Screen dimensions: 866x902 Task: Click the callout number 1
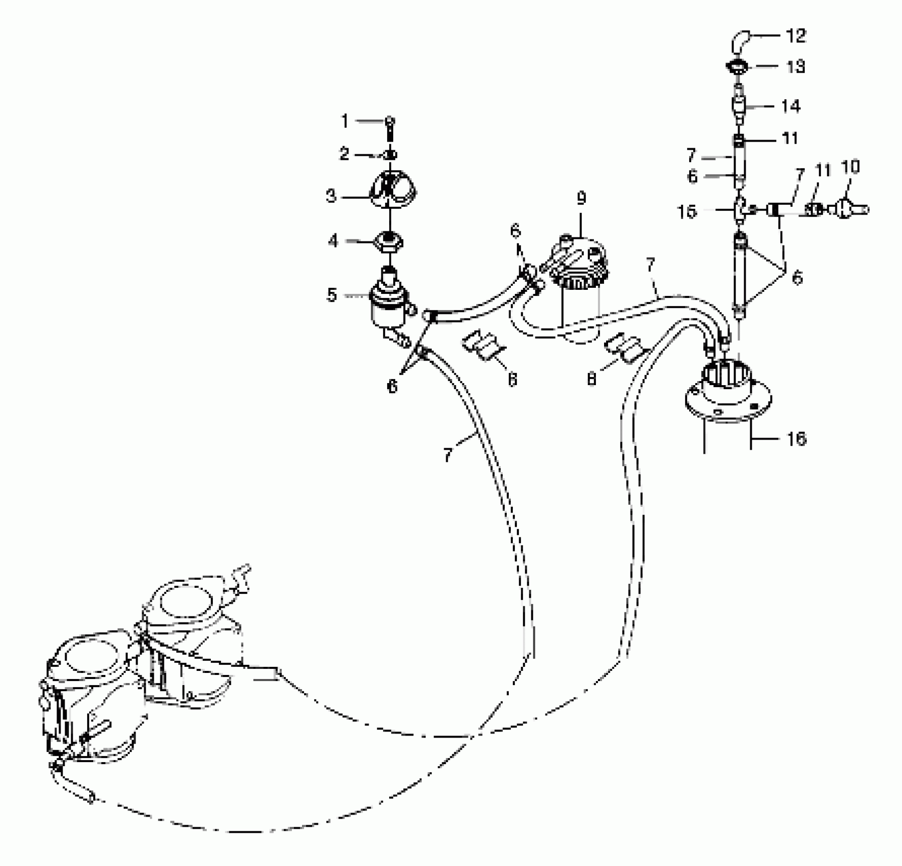(x=345, y=121)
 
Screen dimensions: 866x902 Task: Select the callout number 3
(x=332, y=196)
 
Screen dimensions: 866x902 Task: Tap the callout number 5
(x=332, y=294)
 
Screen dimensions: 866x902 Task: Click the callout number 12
(x=796, y=36)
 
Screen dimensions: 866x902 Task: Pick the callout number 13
(x=796, y=67)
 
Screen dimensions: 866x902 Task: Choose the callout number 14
(x=790, y=106)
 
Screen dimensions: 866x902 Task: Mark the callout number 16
(x=797, y=439)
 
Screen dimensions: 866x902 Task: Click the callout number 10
(x=851, y=167)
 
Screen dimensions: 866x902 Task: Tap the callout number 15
(x=687, y=211)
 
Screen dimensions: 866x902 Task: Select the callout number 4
(x=333, y=240)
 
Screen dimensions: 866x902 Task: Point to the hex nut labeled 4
(x=389, y=240)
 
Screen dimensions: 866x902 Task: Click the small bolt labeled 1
(x=389, y=127)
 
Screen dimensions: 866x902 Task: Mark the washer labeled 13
(x=738, y=67)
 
